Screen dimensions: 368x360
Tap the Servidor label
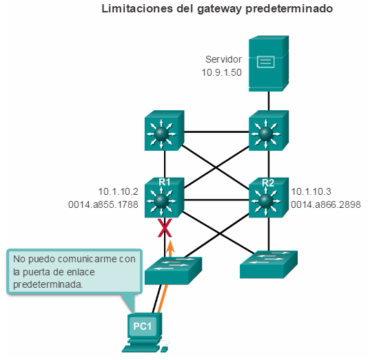(223, 59)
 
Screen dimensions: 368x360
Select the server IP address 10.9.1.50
(221, 72)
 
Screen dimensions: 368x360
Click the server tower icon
(269, 63)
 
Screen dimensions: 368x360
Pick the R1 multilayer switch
(164, 198)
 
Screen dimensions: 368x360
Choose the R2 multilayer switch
(269, 198)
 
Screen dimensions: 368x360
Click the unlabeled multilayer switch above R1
(164, 130)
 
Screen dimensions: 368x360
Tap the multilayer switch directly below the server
(269, 130)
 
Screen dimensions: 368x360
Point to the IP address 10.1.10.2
(118, 191)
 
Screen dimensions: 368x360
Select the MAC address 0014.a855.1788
(103, 204)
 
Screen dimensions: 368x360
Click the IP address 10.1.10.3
(311, 191)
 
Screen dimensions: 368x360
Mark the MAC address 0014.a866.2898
(326, 204)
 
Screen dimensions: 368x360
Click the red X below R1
(165, 228)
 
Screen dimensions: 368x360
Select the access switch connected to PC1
(173, 271)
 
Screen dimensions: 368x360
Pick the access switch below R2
(269, 264)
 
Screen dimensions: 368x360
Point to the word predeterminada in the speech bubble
(48, 284)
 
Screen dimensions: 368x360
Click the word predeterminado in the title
(289, 10)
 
